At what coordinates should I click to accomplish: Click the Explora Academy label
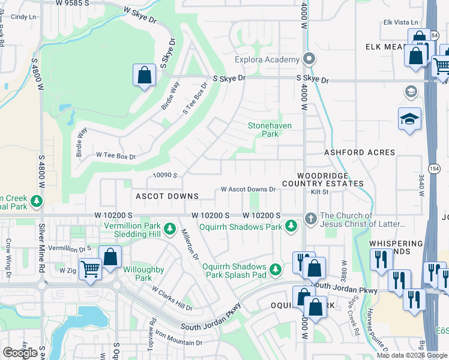pyautogui.click(x=267, y=59)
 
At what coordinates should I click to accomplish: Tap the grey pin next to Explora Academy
pyautogui.click(x=309, y=59)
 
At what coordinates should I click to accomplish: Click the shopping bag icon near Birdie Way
pyautogui.click(x=144, y=76)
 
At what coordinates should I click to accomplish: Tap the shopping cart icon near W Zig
pyautogui.click(x=90, y=269)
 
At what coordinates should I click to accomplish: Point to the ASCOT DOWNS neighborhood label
pyautogui.click(x=167, y=196)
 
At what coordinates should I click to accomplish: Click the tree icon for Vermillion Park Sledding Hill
pyautogui.click(x=170, y=229)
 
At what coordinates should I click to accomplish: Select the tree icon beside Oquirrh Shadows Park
pyautogui.click(x=291, y=226)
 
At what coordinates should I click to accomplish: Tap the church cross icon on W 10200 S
pyautogui.click(x=310, y=219)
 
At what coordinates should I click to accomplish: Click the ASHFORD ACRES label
pyautogui.click(x=360, y=152)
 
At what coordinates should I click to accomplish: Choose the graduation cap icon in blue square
pyautogui.click(x=409, y=118)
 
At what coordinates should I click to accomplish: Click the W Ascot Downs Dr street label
pyautogui.click(x=248, y=189)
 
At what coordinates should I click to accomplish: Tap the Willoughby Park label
pyautogui.click(x=143, y=274)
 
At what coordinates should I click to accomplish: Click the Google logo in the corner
pyautogui.click(x=20, y=352)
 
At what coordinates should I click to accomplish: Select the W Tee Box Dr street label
pyautogui.click(x=116, y=155)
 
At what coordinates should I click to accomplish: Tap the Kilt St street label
pyautogui.click(x=319, y=192)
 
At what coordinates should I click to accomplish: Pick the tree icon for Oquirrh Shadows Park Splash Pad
pyautogui.click(x=276, y=270)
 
